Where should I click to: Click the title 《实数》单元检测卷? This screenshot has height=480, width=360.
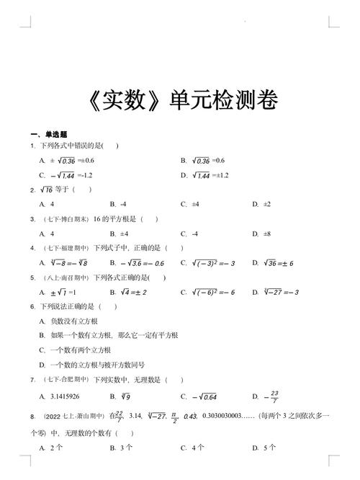click(181, 100)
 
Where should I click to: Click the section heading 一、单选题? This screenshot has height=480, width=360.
click(49, 134)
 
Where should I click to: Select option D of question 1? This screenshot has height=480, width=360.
click(205, 175)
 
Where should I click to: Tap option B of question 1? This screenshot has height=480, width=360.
click(203, 160)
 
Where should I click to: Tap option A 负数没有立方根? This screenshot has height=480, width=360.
click(68, 321)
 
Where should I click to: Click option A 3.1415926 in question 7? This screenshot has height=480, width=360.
click(59, 396)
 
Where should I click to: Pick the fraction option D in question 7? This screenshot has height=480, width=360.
click(269, 396)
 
